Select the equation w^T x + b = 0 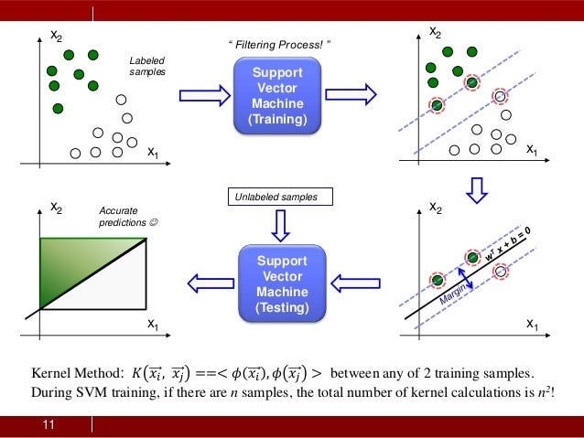[514, 248]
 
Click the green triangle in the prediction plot [73, 261]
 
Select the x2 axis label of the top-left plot [57, 36]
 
